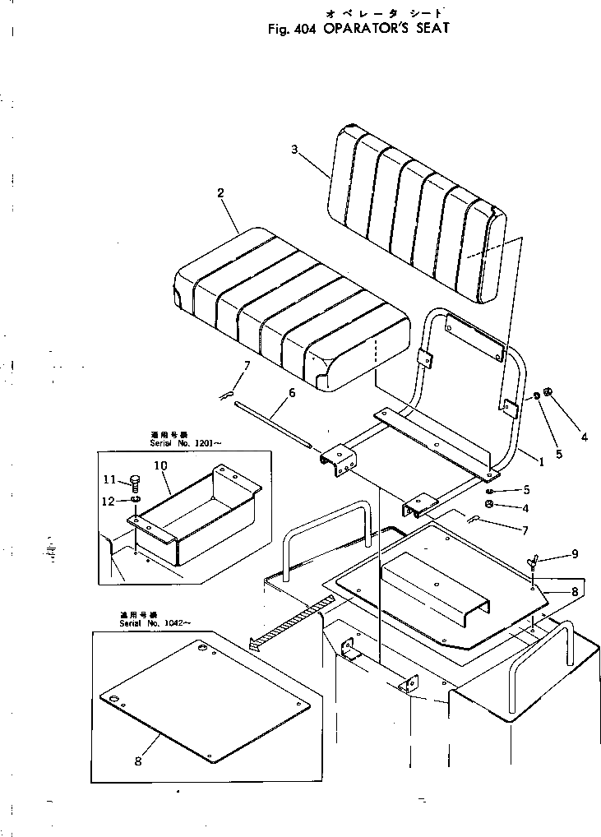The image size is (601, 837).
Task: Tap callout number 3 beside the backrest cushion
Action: click(x=295, y=149)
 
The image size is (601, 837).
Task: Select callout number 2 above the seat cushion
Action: click(x=220, y=193)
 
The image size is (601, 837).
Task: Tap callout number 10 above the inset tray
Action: click(x=160, y=465)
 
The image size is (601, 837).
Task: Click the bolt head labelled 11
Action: click(x=134, y=481)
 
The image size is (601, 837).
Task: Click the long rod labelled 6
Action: click(x=271, y=423)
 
